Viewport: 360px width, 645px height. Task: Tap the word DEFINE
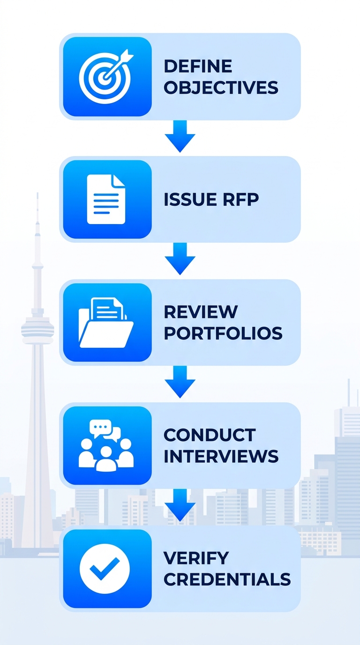(198, 66)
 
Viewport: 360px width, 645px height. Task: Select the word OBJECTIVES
(221, 88)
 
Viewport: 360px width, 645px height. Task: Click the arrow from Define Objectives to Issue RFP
(180, 135)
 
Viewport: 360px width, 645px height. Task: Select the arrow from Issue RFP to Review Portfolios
(180, 258)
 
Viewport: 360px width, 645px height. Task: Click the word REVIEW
(201, 312)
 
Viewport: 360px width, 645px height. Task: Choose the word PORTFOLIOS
(223, 333)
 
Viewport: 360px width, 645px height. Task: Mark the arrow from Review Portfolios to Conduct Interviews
(180, 381)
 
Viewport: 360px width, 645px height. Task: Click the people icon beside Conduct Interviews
(106, 445)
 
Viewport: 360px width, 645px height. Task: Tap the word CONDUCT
(209, 435)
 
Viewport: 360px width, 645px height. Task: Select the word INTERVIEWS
(221, 456)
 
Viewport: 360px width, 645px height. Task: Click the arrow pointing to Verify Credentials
(180, 504)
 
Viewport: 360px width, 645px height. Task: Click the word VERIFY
(196, 558)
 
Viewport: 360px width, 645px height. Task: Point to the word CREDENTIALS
(227, 579)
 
